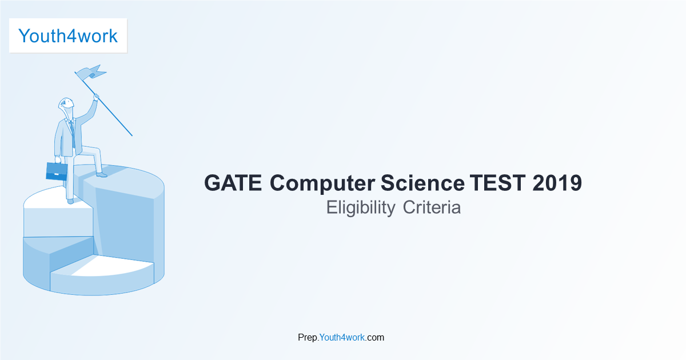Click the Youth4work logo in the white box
(68, 35)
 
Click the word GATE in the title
(233, 183)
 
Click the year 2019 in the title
(557, 183)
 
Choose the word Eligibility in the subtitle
(360, 208)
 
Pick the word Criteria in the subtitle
(432, 207)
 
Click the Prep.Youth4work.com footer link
(341, 337)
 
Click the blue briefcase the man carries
(57, 171)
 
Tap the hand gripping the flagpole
(96, 97)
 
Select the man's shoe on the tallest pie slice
(101, 174)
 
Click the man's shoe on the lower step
(70, 201)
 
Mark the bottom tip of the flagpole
(132, 136)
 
